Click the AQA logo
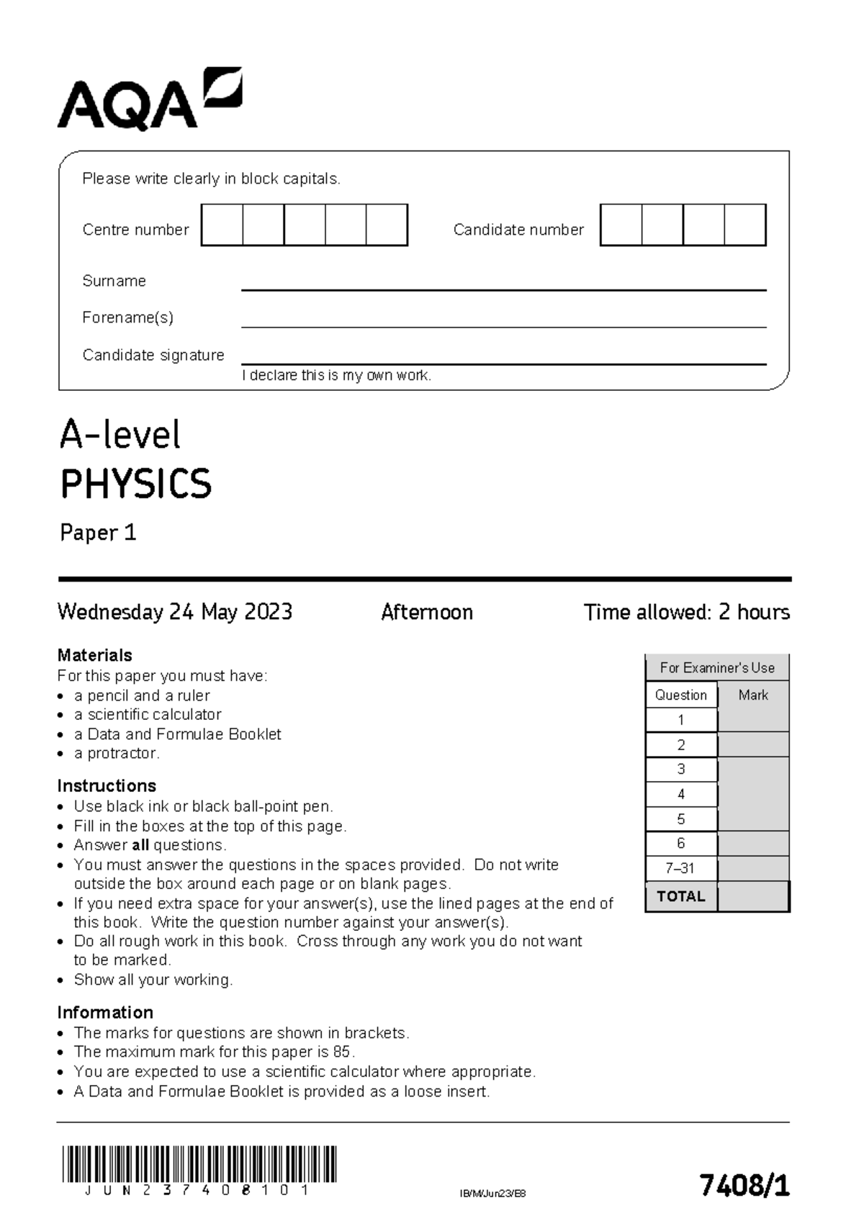pyautogui.click(x=149, y=101)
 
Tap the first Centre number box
pyautogui.click(x=222, y=225)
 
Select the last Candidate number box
pyautogui.click(x=744, y=225)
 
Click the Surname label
pyautogui.click(x=114, y=281)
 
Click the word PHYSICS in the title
pyautogui.click(x=136, y=484)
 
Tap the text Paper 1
pyautogui.click(x=98, y=533)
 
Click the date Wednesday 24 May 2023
pyautogui.click(x=175, y=612)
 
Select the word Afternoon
pyautogui.click(x=426, y=612)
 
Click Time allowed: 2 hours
pyautogui.click(x=686, y=612)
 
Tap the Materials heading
pyautogui.click(x=94, y=655)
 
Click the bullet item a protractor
pyautogui.click(x=116, y=753)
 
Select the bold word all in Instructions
pyautogui.click(x=140, y=845)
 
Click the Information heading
pyautogui.click(x=105, y=1012)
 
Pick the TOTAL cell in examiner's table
pyautogui.click(x=680, y=896)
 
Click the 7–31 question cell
pyautogui.click(x=680, y=868)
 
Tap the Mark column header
pyautogui.click(x=753, y=695)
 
